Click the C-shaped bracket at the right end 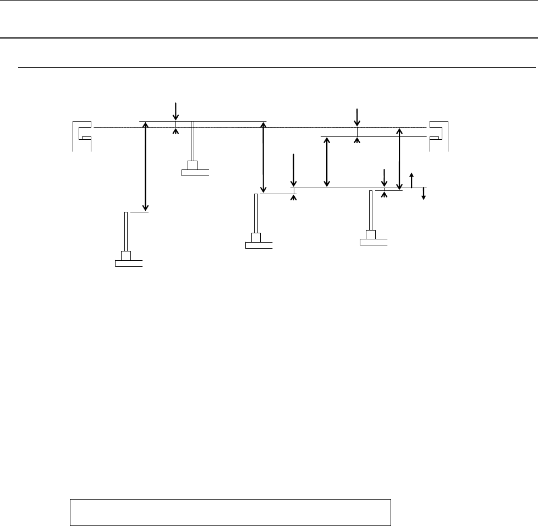click(x=441, y=135)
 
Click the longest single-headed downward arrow click(x=294, y=171)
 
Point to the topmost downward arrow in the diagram click(x=175, y=110)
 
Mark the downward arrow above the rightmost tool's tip click(x=384, y=177)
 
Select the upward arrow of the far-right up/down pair click(x=411, y=179)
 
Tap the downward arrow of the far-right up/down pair click(x=424, y=194)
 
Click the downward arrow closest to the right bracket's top click(x=357, y=117)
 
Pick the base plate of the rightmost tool click(x=374, y=241)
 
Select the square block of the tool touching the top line click(x=193, y=165)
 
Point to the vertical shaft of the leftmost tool click(x=127, y=231)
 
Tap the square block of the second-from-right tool click(x=256, y=237)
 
